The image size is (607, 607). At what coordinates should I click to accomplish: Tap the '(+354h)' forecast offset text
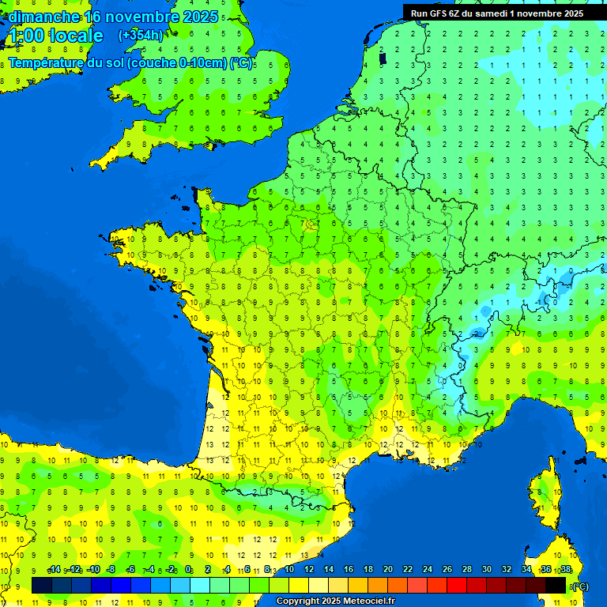(x=141, y=35)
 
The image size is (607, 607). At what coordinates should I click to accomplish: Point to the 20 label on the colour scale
(x=388, y=569)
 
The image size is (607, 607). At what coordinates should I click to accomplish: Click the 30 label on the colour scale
(x=487, y=569)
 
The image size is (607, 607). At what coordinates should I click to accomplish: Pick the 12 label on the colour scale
(x=309, y=569)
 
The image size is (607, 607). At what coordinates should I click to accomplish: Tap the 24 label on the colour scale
(x=428, y=569)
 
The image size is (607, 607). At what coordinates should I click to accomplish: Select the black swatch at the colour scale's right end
(x=556, y=585)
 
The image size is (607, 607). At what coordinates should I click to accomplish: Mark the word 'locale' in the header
(x=76, y=36)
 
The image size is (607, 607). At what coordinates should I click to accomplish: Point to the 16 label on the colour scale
(x=349, y=569)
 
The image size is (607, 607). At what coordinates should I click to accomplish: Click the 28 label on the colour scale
(x=467, y=569)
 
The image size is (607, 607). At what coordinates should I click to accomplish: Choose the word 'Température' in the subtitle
(x=47, y=62)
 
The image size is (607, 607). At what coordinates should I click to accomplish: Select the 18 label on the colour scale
(x=368, y=569)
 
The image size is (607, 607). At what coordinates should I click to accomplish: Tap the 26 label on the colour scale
(x=447, y=569)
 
